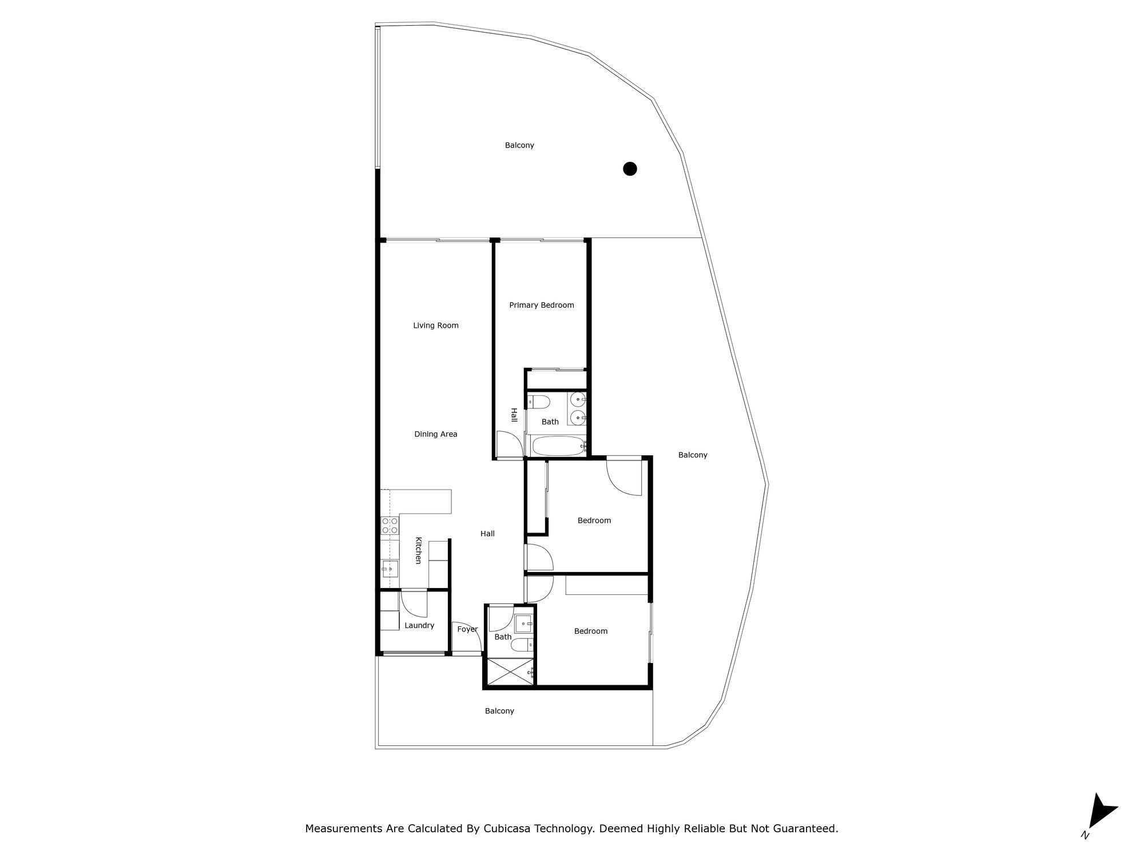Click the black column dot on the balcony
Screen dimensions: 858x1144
coord(630,169)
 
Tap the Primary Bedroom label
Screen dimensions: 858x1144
coord(541,305)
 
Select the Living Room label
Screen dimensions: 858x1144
coord(436,325)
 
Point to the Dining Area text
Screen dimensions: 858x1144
coord(436,434)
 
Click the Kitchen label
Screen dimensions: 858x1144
coord(418,550)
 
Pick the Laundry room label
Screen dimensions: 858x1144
coord(419,626)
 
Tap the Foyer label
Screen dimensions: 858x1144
coord(467,629)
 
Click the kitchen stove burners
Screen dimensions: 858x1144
coord(390,526)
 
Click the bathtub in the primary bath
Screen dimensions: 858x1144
coord(558,446)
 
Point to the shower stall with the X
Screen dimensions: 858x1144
coord(509,671)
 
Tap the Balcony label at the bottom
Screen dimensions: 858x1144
coord(499,711)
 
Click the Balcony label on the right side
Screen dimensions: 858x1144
coord(693,455)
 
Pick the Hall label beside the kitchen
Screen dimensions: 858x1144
coord(487,534)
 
